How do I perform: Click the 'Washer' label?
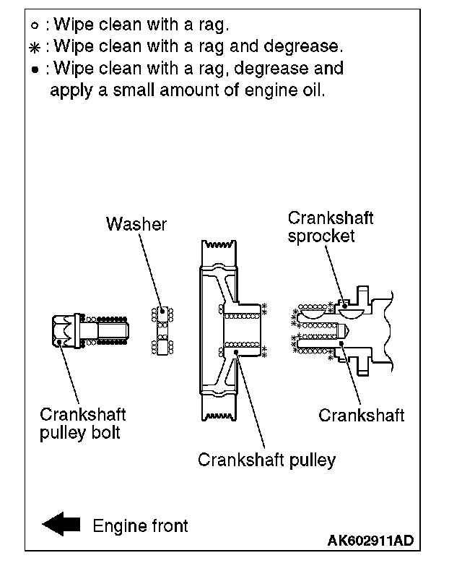click(136, 224)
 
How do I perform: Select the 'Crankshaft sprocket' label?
click(330, 227)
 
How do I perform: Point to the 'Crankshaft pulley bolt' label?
click(82, 424)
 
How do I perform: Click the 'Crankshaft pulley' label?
click(266, 460)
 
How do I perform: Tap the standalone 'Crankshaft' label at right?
click(360, 415)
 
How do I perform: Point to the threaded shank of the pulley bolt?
click(108, 331)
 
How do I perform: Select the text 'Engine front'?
click(140, 525)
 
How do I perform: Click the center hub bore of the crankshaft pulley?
click(241, 331)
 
